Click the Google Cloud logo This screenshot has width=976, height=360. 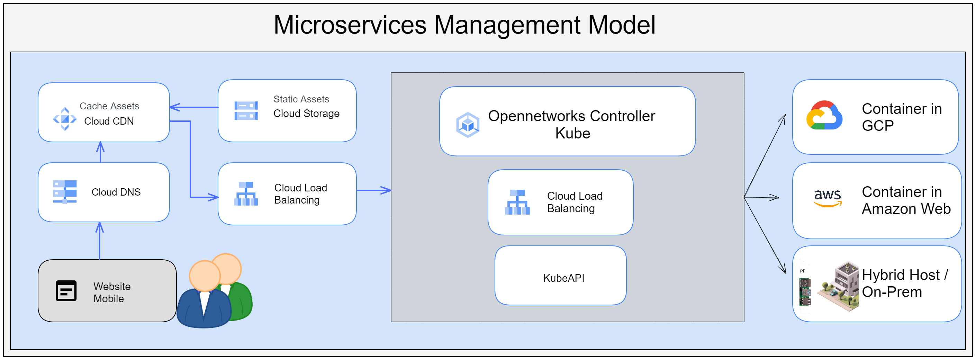(x=824, y=116)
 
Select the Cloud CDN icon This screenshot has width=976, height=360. (x=65, y=119)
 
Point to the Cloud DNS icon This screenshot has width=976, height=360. (x=65, y=191)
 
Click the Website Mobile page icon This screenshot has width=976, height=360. (x=66, y=291)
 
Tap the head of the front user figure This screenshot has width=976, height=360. (x=205, y=276)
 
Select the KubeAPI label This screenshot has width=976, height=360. (x=563, y=278)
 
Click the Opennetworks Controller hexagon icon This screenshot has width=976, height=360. (x=468, y=125)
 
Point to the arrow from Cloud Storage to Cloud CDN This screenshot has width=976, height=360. (x=193, y=107)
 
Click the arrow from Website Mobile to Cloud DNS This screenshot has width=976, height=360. (x=100, y=241)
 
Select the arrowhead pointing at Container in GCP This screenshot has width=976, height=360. (x=783, y=118)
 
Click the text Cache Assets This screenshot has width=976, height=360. (x=109, y=106)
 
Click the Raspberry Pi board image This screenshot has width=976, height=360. (x=805, y=292)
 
